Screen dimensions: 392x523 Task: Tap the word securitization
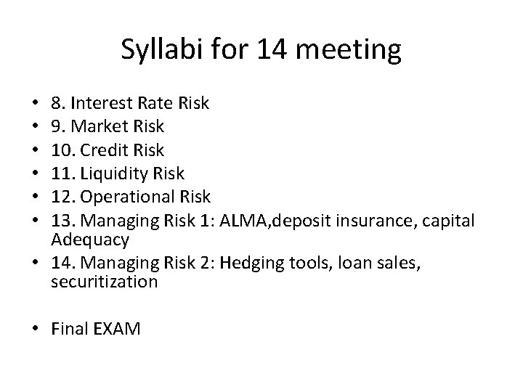105,281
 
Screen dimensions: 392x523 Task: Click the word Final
70,329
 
